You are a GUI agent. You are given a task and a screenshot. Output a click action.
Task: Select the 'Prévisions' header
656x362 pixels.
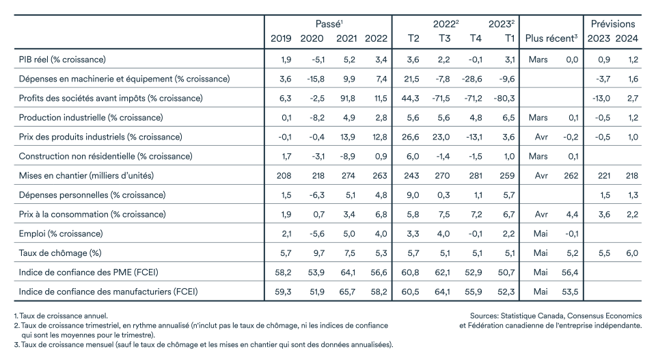pyautogui.click(x=613, y=24)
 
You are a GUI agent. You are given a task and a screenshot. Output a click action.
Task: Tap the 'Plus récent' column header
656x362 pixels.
pyautogui.click(x=551, y=38)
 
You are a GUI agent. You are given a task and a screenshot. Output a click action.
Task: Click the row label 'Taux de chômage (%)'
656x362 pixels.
pyautogui.click(x=60, y=253)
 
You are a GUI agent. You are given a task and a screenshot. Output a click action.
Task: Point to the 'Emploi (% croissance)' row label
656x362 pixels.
pyautogui.click(x=61, y=234)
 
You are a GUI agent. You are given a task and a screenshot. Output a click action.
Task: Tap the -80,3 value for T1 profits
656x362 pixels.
pyautogui.click(x=504, y=99)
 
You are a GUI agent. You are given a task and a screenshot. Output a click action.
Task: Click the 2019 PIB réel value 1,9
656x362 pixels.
pyautogui.click(x=286, y=60)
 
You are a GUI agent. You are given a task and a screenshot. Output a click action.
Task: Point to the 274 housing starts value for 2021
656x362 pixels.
pyautogui.click(x=348, y=176)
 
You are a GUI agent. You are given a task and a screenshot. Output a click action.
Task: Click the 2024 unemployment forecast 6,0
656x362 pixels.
pyautogui.click(x=632, y=253)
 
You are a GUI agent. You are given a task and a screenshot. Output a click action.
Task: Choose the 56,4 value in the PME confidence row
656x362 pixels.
pyautogui.click(x=570, y=272)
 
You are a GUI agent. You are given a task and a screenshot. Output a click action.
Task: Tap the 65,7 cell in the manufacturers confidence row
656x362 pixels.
pyautogui.click(x=347, y=292)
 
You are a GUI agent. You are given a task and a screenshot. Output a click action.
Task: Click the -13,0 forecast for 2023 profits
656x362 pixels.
pyautogui.click(x=601, y=99)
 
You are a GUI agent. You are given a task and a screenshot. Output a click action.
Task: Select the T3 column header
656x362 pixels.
pyautogui.click(x=444, y=38)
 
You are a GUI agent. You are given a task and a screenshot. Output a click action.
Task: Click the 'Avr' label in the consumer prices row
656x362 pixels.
pyautogui.click(x=541, y=214)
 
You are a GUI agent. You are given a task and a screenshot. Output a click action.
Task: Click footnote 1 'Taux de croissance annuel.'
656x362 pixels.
pyautogui.click(x=61, y=316)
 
